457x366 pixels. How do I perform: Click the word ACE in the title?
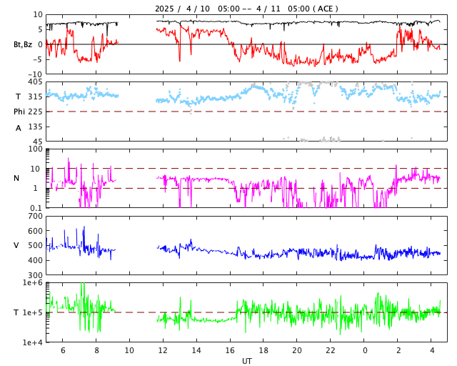(x=326, y=9)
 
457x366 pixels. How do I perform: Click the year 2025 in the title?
(x=166, y=9)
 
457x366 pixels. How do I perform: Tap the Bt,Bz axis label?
(x=22, y=44)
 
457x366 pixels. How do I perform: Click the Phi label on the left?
(x=19, y=112)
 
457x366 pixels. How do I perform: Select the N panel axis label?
(x=16, y=178)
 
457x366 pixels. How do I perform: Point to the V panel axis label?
(x=16, y=245)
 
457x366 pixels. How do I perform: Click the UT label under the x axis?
(x=246, y=361)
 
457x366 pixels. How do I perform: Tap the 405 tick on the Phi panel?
(x=35, y=82)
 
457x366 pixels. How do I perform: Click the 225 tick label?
(x=35, y=112)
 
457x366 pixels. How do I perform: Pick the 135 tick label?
(x=35, y=127)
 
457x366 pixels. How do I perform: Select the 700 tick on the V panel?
(x=35, y=216)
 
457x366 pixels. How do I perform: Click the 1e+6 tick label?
(x=32, y=283)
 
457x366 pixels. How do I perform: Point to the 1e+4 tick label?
(x=32, y=342)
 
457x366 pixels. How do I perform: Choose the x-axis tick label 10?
(x=129, y=350)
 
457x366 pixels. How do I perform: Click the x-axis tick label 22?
(x=331, y=350)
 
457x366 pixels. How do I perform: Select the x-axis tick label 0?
(x=365, y=350)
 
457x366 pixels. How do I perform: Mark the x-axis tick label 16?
(x=230, y=350)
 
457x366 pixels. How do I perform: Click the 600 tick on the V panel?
(x=35, y=231)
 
